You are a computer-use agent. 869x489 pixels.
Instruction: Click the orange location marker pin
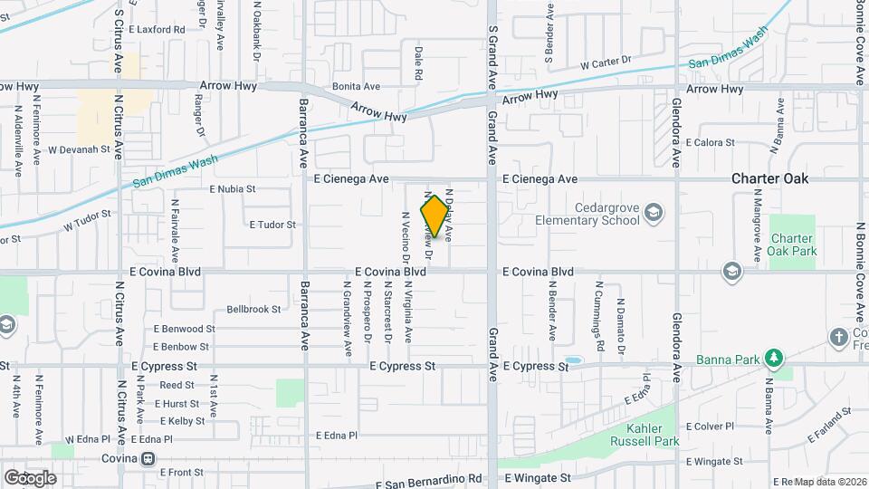(x=435, y=216)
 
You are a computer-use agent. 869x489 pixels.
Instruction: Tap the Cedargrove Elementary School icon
(x=653, y=213)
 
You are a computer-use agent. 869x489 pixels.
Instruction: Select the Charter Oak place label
(x=769, y=178)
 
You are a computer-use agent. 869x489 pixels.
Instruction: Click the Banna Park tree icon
(x=773, y=360)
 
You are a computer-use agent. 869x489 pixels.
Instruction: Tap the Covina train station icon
(x=147, y=459)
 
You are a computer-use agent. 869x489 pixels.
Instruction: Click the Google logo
(x=30, y=477)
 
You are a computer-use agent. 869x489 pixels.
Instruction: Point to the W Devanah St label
(x=79, y=149)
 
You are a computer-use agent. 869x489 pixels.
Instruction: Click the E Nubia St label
(x=233, y=189)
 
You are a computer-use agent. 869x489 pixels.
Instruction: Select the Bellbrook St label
(x=253, y=309)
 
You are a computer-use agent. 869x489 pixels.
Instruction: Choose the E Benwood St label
(x=185, y=329)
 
